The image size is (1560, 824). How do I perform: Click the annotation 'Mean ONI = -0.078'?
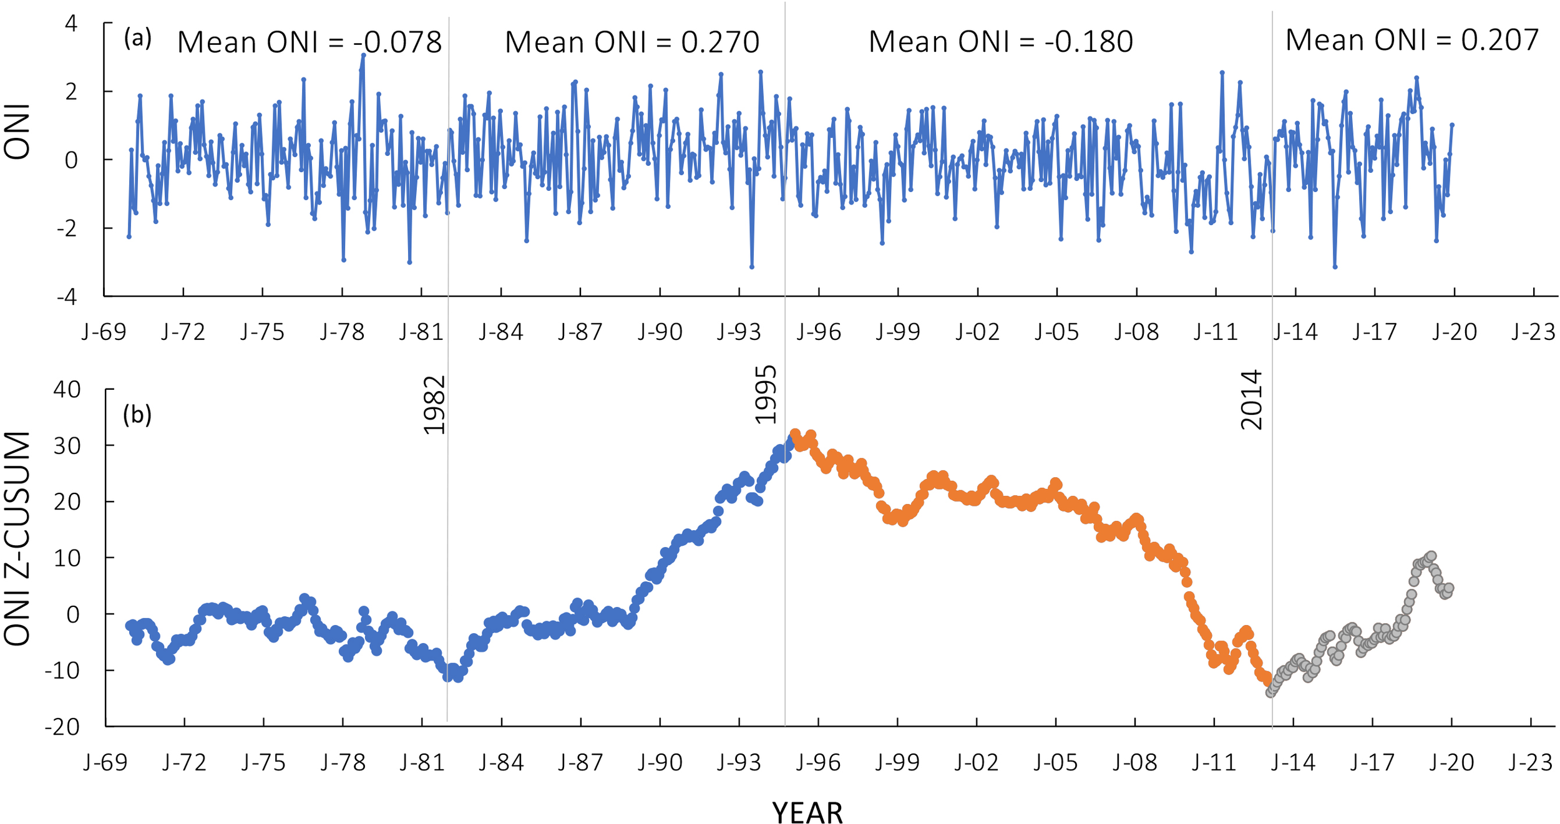click(x=310, y=42)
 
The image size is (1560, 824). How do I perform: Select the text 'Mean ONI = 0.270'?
click(x=631, y=42)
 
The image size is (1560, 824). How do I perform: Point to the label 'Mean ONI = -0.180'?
click(x=1000, y=42)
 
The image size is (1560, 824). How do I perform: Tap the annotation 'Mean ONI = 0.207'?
click(x=1411, y=40)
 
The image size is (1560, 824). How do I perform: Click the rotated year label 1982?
click(x=434, y=405)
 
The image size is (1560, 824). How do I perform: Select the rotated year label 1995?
click(x=766, y=395)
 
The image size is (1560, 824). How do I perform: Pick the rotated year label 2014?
click(x=1252, y=400)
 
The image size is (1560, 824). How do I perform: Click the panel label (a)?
click(x=137, y=39)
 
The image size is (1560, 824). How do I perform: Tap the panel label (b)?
click(x=137, y=414)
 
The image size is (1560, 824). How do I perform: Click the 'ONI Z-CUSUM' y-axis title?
click(x=17, y=538)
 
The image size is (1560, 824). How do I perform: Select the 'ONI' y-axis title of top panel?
click(x=17, y=132)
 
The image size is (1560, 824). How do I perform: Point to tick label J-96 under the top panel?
click(x=818, y=332)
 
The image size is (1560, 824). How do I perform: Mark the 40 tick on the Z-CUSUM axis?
click(x=67, y=390)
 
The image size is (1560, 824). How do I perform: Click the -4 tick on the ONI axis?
click(x=67, y=297)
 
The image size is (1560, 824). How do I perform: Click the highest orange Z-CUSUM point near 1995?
click(x=795, y=434)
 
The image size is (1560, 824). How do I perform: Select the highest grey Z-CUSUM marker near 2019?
click(x=1431, y=556)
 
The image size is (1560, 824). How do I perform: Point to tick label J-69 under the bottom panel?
click(x=105, y=762)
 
